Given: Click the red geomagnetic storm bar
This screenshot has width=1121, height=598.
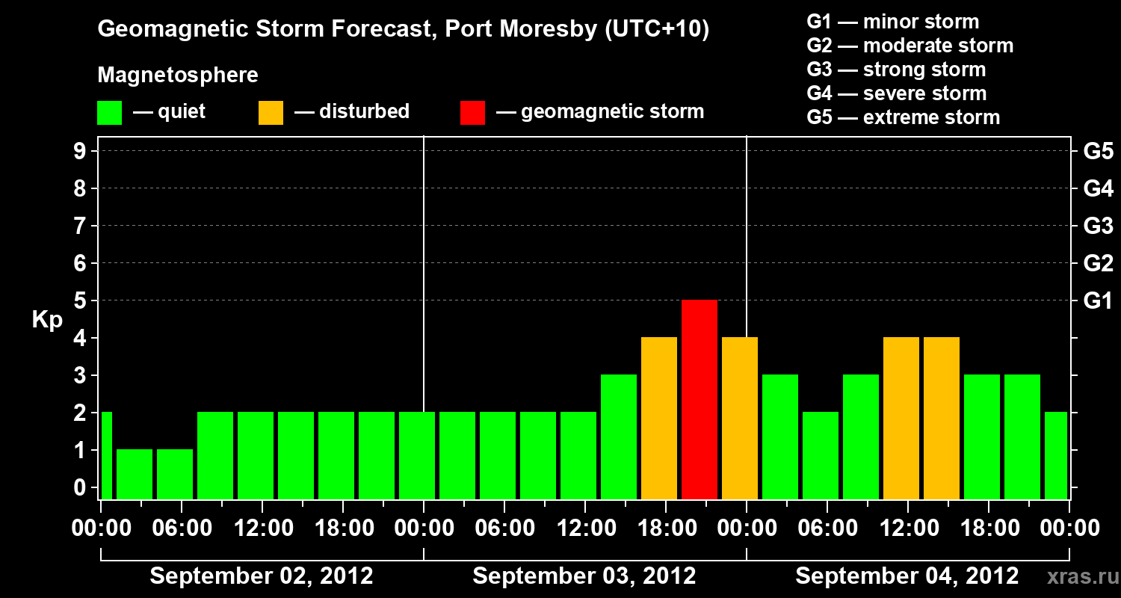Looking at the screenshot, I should pyautogui.click(x=700, y=399).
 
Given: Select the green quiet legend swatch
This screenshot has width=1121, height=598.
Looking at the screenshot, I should pyautogui.click(x=109, y=112).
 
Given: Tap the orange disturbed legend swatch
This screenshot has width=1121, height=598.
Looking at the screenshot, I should pyautogui.click(x=271, y=112).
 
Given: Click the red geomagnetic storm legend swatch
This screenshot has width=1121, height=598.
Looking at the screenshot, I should pyautogui.click(x=472, y=112).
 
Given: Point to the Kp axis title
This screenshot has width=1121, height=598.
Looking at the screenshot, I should pyautogui.click(x=47, y=320).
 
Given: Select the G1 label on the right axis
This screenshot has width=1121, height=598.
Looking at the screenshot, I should pyautogui.click(x=1098, y=301).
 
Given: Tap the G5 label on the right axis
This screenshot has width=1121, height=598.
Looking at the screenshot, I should pyautogui.click(x=1098, y=152).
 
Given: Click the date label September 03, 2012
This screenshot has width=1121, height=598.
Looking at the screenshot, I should pyautogui.click(x=584, y=576).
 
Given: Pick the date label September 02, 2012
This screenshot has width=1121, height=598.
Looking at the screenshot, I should pyautogui.click(x=262, y=576).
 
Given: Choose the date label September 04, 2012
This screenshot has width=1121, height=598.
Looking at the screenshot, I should pyautogui.click(x=907, y=576).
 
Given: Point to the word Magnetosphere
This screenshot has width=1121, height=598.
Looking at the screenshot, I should pyautogui.click(x=178, y=75).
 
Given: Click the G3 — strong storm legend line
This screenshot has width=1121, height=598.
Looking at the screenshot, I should pyautogui.click(x=896, y=70).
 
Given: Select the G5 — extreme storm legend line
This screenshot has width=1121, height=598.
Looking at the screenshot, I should pyautogui.click(x=903, y=117).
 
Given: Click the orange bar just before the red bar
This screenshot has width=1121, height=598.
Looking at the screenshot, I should pyautogui.click(x=659, y=418).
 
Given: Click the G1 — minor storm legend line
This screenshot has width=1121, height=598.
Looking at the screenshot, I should pyautogui.click(x=892, y=22).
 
